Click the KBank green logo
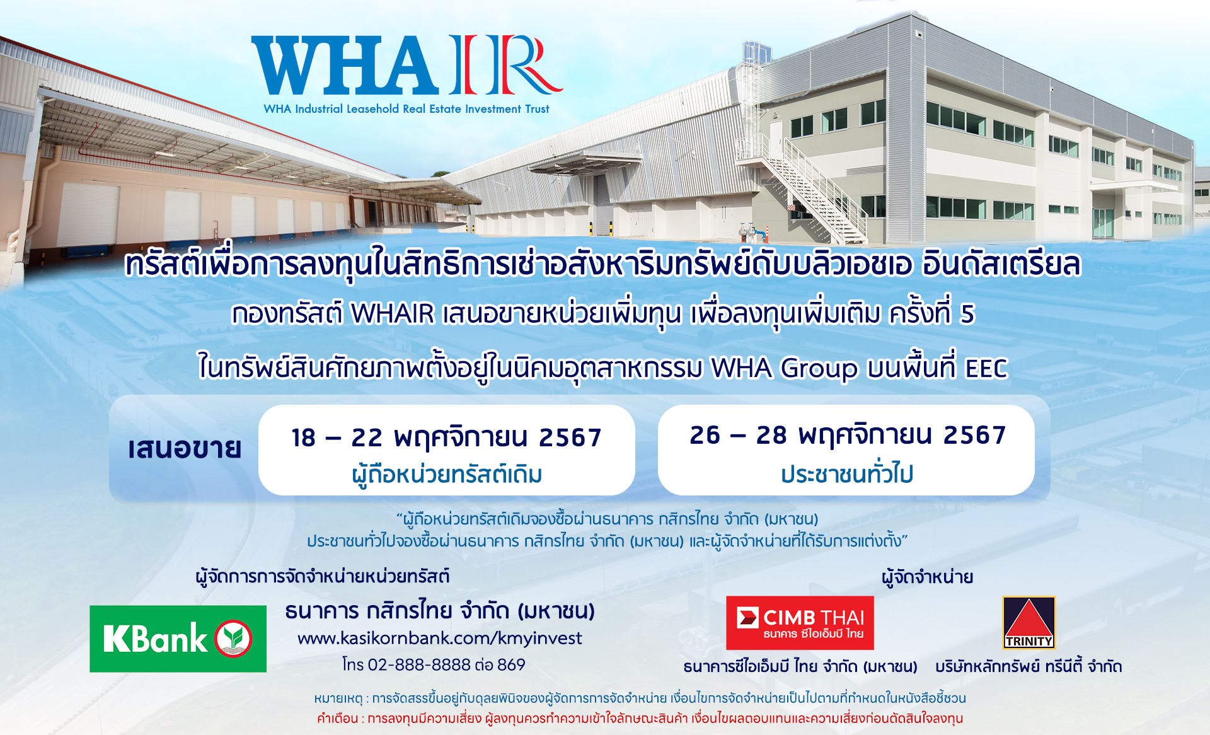tap(178, 639)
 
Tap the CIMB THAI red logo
tap(800, 623)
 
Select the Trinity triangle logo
tap(1028, 623)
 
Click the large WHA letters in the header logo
tap(345, 66)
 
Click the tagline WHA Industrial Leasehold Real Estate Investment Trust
tap(406, 109)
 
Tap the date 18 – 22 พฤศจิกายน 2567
tap(446, 437)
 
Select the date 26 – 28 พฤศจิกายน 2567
tap(848, 435)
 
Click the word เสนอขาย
tap(185, 448)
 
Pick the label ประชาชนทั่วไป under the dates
tap(847, 473)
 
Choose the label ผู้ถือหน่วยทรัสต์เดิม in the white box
tap(447, 475)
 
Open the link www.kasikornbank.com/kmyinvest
tap(439, 639)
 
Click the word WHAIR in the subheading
tap(393, 313)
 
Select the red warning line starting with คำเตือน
tap(640, 719)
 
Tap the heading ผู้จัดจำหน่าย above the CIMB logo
tap(927, 577)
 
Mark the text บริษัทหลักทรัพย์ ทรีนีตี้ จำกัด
tap(1028, 666)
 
